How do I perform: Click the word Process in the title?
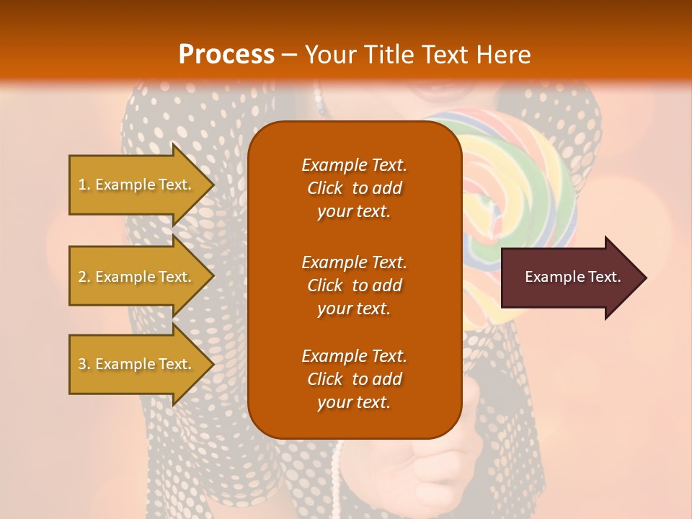226,55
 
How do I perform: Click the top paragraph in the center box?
354,188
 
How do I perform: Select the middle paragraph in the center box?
354,285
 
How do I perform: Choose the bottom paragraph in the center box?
354,379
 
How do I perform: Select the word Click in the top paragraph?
324,188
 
